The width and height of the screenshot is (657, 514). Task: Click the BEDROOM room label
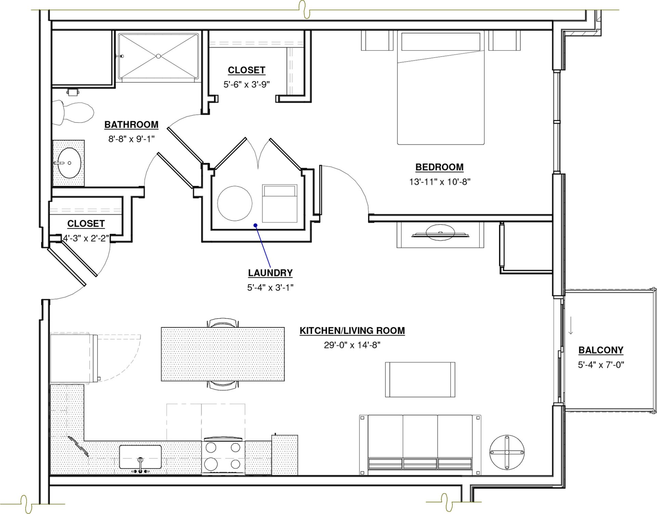click(x=439, y=167)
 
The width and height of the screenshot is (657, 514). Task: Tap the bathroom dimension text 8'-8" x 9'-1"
click(x=131, y=139)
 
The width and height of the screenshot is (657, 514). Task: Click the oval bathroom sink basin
click(x=69, y=163)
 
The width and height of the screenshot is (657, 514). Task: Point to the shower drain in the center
click(x=158, y=56)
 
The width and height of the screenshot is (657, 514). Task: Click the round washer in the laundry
click(x=235, y=203)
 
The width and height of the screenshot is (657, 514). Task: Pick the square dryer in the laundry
click(x=280, y=203)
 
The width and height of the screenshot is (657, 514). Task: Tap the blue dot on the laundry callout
click(x=255, y=225)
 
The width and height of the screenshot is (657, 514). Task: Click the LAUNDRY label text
click(x=270, y=273)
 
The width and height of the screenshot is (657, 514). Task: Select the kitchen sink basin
click(x=140, y=457)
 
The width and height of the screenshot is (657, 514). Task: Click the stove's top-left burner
click(x=211, y=447)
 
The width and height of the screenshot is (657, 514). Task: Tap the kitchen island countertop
click(x=223, y=354)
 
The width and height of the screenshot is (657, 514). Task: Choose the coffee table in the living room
click(x=420, y=379)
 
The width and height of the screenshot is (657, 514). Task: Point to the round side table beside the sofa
click(x=507, y=452)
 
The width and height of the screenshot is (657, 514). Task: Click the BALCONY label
click(x=601, y=350)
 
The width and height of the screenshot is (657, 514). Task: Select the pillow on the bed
click(x=441, y=42)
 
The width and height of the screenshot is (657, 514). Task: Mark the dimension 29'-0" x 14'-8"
click(x=352, y=345)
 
